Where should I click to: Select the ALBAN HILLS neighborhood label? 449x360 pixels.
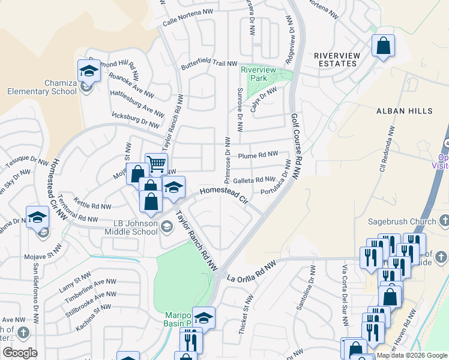pyautogui.click(x=404, y=111)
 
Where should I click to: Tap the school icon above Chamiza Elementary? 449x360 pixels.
pyautogui.click(x=89, y=71)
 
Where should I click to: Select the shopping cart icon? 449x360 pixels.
pyautogui.click(x=156, y=163)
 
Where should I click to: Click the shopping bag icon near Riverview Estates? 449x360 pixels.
pyautogui.click(x=382, y=46)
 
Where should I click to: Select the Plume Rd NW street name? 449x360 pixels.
pyautogui.click(x=258, y=155)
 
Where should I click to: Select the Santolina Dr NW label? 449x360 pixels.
pyautogui.click(x=304, y=295)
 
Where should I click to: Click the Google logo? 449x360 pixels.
pyautogui.click(x=20, y=352)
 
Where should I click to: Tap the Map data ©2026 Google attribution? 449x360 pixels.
pyautogui.click(x=412, y=355)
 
